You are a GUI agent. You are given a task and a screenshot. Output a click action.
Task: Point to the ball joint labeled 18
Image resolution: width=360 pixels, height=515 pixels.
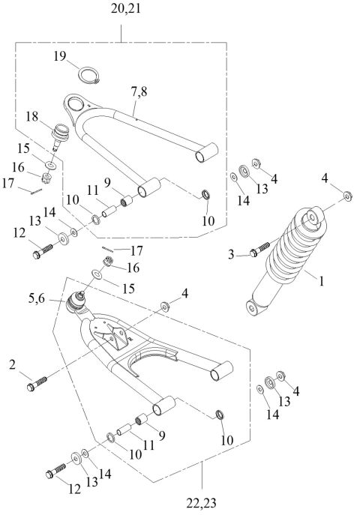coord(61,137)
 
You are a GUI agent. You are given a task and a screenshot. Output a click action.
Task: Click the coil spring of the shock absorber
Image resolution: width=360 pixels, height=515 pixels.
coord(288,251)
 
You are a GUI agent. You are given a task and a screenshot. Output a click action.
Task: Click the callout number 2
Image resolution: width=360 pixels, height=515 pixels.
coord(13,364)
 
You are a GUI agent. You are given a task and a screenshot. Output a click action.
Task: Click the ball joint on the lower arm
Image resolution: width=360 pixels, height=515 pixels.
coord(76,304)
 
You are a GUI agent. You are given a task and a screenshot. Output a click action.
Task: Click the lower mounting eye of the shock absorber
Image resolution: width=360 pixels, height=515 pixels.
coord(254,307)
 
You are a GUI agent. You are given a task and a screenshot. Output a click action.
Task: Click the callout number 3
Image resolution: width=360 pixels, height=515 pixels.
coord(232,255)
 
